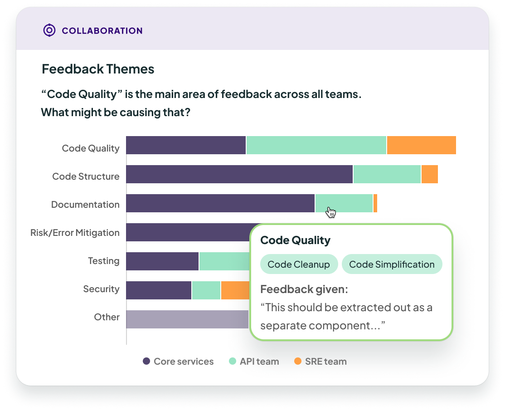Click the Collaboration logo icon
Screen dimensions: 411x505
tap(49, 30)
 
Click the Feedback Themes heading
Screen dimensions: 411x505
tap(98, 69)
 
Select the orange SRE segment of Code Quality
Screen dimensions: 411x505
tap(421, 145)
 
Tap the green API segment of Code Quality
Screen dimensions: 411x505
tap(316, 145)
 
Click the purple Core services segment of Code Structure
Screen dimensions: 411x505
tap(239, 174)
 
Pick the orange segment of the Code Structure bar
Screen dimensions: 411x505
tap(429, 174)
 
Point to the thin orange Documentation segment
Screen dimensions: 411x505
tap(375, 203)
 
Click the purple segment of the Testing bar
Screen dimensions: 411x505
tap(162, 261)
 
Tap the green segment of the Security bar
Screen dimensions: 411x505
tap(206, 290)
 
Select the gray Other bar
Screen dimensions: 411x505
tap(187, 319)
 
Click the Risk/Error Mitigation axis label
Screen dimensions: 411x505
tap(75, 233)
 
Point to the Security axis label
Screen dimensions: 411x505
tap(101, 289)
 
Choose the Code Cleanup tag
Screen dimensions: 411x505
tap(299, 264)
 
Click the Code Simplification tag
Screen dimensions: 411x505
tap(392, 264)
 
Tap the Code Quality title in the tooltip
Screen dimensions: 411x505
tap(295, 240)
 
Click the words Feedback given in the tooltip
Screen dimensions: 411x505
tap(304, 289)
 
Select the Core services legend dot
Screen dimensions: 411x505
tap(146, 362)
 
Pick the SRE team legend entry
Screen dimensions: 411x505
tap(320, 362)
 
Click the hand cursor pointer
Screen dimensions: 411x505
tap(331, 212)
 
